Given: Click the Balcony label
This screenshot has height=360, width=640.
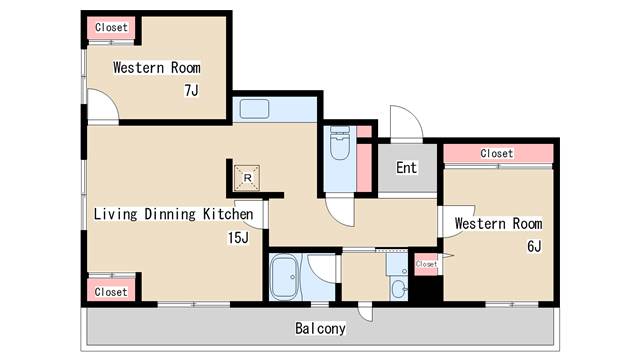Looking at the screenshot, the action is (x=320, y=329).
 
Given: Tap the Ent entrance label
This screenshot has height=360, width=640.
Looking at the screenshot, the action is (x=407, y=168).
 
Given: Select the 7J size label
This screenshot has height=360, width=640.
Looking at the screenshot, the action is (x=191, y=90).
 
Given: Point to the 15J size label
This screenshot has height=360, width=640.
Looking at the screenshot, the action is (x=238, y=238).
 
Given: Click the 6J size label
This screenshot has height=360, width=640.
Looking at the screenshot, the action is (x=534, y=247).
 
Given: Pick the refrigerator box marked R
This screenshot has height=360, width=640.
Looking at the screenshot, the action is (x=247, y=178).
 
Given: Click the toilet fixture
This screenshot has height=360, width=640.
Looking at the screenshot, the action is (x=340, y=143).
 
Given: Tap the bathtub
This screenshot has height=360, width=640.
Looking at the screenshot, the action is (x=284, y=277).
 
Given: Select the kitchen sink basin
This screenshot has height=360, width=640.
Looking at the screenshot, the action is (x=254, y=109).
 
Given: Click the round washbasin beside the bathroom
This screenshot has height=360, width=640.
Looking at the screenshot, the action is (x=398, y=289).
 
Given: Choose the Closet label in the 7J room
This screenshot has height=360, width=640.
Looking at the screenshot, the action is (x=111, y=27).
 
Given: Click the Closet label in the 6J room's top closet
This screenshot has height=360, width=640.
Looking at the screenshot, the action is (x=496, y=153).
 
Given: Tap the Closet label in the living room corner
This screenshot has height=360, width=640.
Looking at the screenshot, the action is (x=111, y=292).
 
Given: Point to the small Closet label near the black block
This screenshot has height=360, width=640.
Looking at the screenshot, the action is (x=426, y=264).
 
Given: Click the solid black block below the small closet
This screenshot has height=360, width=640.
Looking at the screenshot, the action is (x=425, y=289).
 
